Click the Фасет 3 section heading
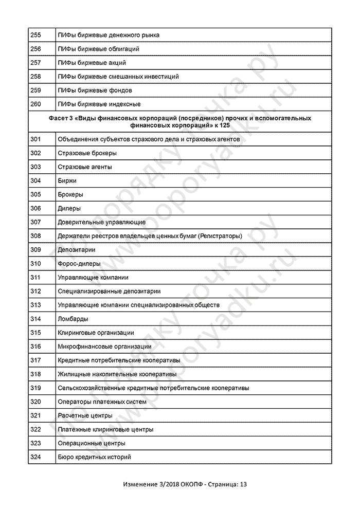tap(179, 121)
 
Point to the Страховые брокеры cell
tap(87, 153)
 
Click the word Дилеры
tap(69, 209)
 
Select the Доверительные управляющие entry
tap(102, 222)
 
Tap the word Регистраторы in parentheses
tap(220, 236)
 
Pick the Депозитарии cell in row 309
tap(77, 250)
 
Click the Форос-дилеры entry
tap(79, 264)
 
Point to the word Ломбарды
tap(73, 319)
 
